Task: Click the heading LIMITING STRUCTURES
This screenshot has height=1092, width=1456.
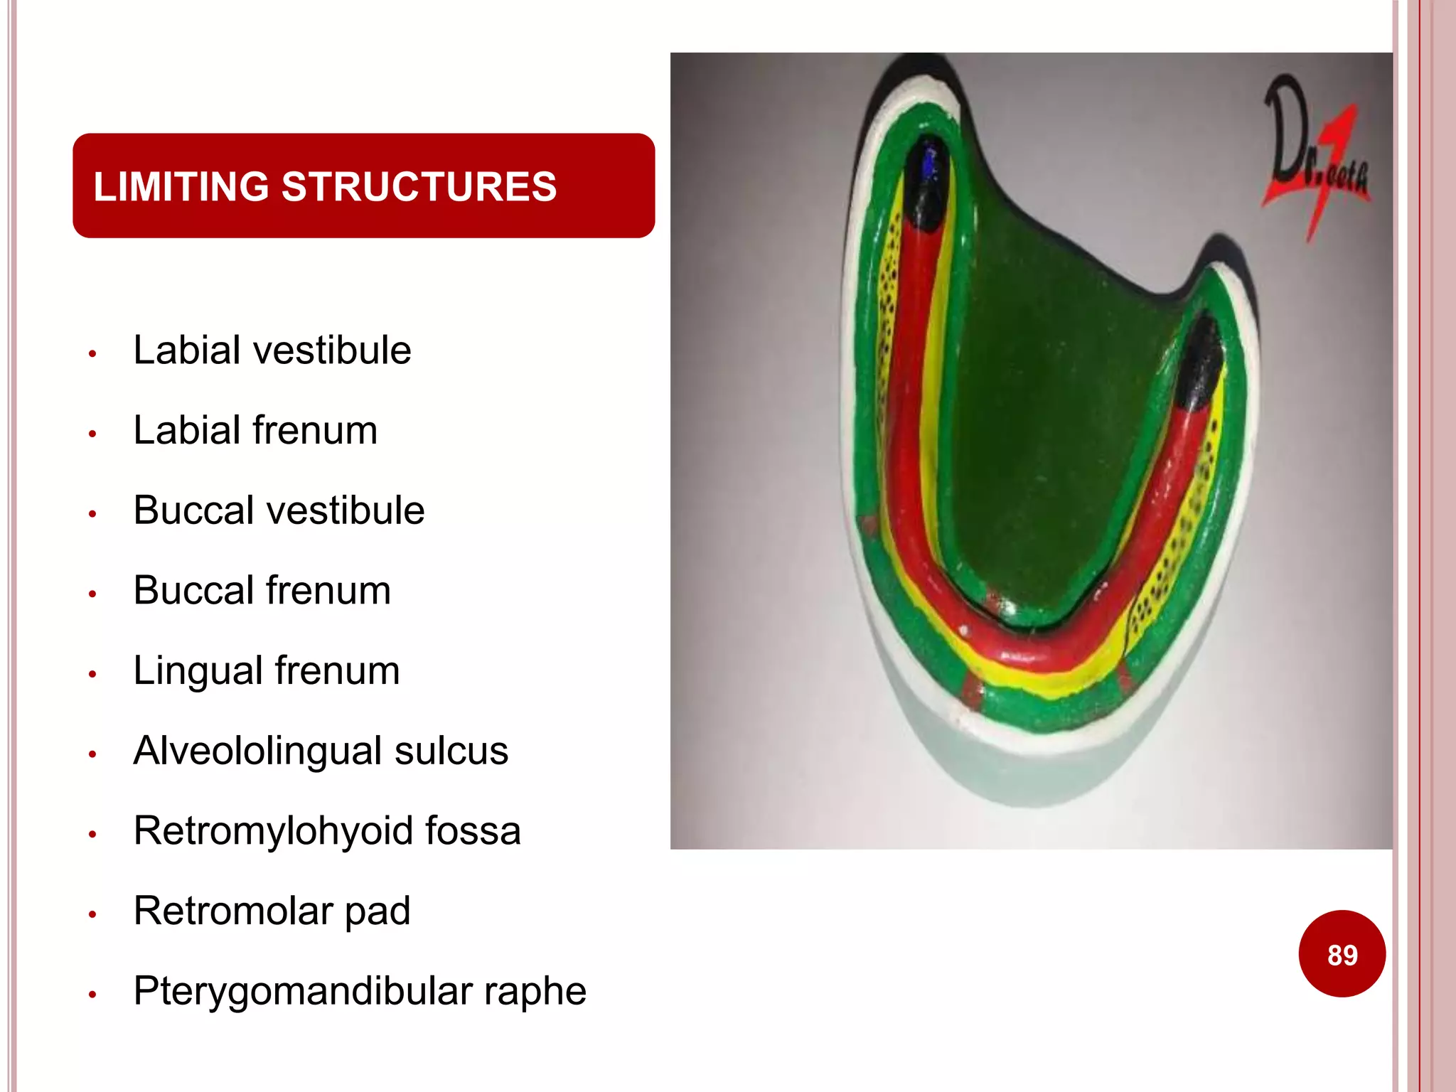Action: point(325,186)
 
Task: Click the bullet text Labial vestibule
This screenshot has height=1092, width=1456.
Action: point(272,350)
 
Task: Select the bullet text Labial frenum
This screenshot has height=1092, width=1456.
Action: point(255,430)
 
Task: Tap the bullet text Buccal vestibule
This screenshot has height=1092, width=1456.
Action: point(279,510)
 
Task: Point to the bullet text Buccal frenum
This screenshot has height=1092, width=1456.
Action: point(262,590)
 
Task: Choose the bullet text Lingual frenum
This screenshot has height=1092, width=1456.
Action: point(267,670)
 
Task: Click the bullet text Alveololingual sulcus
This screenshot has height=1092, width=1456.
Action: point(321,751)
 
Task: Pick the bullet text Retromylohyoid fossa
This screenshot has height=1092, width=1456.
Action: point(327,830)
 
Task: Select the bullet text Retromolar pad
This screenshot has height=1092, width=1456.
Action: point(272,911)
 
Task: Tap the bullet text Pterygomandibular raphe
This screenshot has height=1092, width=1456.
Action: point(360,991)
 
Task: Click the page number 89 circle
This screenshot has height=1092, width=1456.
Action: point(1342,954)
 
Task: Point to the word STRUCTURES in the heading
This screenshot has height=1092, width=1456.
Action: point(419,186)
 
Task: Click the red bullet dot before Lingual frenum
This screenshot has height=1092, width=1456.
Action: point(92,674)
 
